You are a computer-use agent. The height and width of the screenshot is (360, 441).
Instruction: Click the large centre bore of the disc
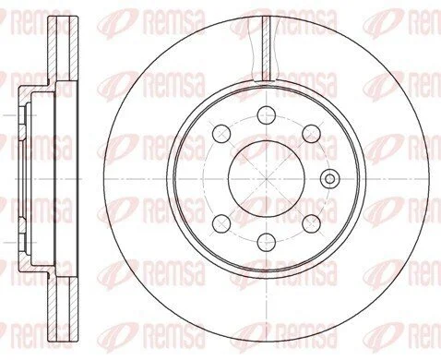point(267,178)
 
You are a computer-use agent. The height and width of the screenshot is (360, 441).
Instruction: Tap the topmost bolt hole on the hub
point(267,115)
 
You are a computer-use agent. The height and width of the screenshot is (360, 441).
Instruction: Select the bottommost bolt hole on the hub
point(267,242)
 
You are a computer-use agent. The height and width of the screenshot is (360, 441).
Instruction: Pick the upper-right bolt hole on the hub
point(311,134)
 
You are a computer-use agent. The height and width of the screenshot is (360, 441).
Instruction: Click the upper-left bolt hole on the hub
point(221,134)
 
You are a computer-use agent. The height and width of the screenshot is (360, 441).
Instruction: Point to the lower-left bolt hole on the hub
point(221,223)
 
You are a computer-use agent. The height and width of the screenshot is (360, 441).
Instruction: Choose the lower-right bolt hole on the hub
point(311,223)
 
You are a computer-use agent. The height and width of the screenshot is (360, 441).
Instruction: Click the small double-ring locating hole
point(330,178)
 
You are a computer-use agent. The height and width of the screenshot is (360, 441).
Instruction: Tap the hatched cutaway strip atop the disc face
point(267,48)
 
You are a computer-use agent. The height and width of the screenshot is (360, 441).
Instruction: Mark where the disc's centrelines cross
point(267,178)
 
